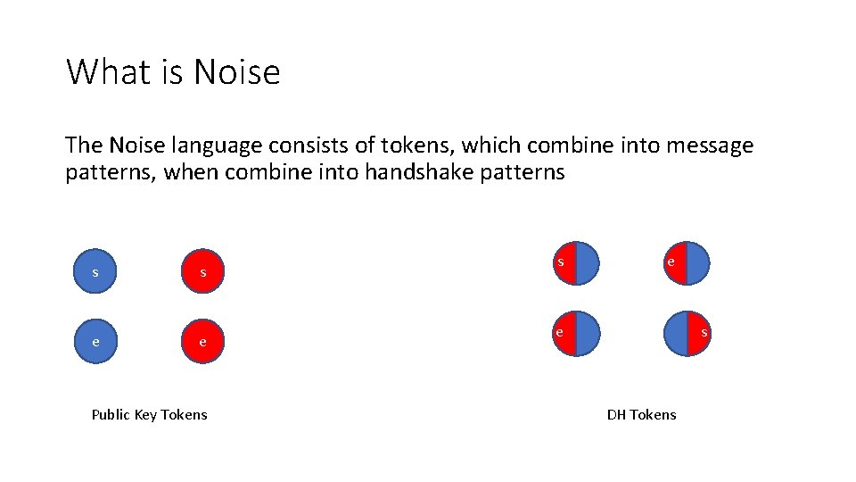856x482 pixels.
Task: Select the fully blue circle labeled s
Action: (95, 271)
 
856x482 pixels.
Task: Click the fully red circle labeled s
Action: (202, 271)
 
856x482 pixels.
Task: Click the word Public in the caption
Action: (112, 414)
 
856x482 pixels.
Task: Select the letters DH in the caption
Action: (616, 414)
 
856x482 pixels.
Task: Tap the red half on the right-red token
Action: (699, 334)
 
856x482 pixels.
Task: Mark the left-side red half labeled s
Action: (564, 263)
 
